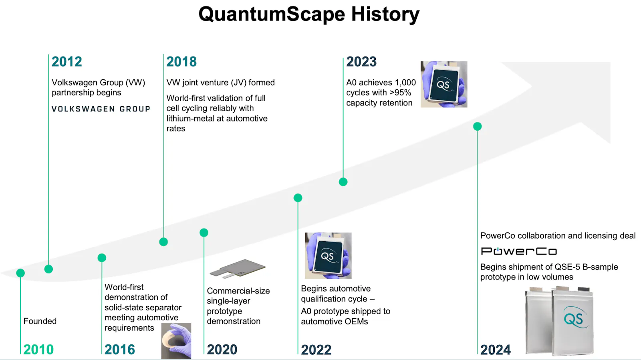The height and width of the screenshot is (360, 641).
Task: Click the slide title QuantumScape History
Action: [x=309, y=14]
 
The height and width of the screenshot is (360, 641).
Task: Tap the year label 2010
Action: [x=38, y=350]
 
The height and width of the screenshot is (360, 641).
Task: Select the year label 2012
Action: [x=67, y=62]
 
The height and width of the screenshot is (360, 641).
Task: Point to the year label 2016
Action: [x=120, y=350]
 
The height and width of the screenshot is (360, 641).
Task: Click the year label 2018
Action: [x=181, y=62]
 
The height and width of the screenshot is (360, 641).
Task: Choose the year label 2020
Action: [x=222, y=350]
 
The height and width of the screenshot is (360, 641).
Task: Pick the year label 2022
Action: [x=316, y=350]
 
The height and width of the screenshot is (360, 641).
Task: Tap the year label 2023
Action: [x=361, y=62]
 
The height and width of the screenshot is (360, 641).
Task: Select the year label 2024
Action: [x=495, y=350]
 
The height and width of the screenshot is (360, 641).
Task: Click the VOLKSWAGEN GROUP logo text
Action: [x=101, y=109]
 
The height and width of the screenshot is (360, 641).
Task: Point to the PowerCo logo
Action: [x=519, y=251]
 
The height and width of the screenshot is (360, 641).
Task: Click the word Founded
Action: [x=40, y=321]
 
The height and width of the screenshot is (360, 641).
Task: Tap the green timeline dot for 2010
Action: [x=20, y=273]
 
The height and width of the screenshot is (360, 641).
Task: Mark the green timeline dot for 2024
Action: [x=477, y=126]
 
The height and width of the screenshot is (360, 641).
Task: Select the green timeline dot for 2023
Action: [x=343, y=182]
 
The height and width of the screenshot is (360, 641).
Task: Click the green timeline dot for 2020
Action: [x=204, y=233]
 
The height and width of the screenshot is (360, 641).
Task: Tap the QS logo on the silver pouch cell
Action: [x=575, y=317]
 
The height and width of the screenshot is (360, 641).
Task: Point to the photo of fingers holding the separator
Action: [x=176, y=341]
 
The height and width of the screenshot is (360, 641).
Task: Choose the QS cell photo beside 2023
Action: [x=444, y=84]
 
